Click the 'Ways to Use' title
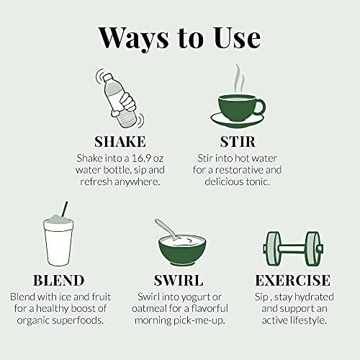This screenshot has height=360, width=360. [x=179, y=38]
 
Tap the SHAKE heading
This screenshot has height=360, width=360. [x=120, y=142]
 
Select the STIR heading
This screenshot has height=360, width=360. [x=238, y=142]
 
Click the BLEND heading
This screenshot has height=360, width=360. [x=59, y=280]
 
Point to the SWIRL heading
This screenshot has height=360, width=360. [x=179, y=280]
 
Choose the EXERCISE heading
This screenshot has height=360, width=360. [x=293, y=280]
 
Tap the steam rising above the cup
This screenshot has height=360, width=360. [x=240, y=79]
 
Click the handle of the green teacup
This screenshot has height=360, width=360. [x=261, y=107]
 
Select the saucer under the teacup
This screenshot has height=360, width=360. [x=237, y=121]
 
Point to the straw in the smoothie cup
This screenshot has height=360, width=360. [x=65, y=209]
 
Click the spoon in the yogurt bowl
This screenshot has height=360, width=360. [x=168, y=229]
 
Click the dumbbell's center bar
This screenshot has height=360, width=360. [x=293, y=248]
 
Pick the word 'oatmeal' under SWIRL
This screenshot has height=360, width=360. [x=149, y=309]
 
